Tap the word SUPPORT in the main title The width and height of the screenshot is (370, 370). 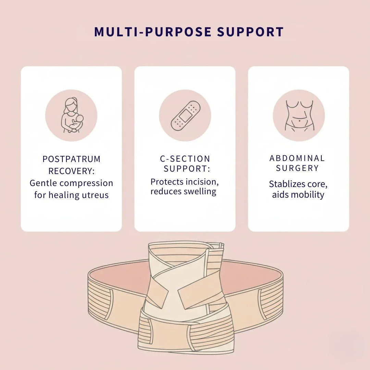(250, 32)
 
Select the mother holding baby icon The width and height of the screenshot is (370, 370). (71, 115)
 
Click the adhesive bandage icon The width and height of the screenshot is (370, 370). (185, 115)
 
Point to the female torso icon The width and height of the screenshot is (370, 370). (298, 115)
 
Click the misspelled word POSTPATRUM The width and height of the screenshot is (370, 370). (71, 159)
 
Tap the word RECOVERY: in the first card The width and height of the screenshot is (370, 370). (71, 171)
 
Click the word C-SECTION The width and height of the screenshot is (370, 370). (185, 159)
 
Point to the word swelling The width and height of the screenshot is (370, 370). (200, 191)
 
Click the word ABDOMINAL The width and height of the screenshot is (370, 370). (297, 158)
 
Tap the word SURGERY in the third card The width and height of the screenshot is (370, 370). (297, 168)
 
